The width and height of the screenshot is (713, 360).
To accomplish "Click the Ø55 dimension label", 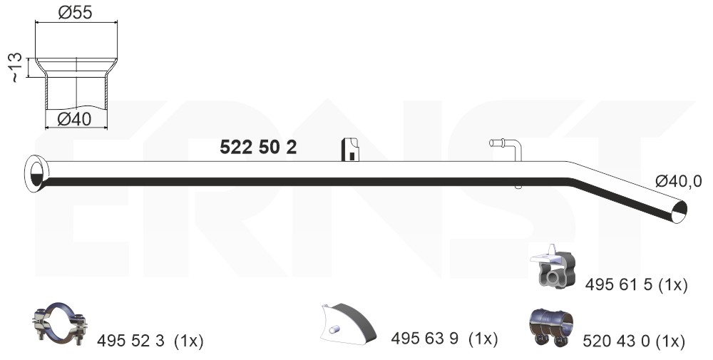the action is tap(75, 12).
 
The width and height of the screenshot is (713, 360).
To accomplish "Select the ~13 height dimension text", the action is tap(15, 67).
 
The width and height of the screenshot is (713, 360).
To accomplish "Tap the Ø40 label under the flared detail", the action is tap(75, 119).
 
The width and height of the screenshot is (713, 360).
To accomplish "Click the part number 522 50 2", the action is tap(258, 147).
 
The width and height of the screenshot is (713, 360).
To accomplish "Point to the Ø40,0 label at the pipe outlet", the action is tap(679, 181).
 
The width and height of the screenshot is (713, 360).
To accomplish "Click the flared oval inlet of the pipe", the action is tap(36, 173).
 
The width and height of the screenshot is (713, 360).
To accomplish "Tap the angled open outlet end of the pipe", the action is tap(679, 212).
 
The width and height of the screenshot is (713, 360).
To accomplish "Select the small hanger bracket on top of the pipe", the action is tap(350, 150).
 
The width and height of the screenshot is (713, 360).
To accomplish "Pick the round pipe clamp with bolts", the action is tap(60, 323).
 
